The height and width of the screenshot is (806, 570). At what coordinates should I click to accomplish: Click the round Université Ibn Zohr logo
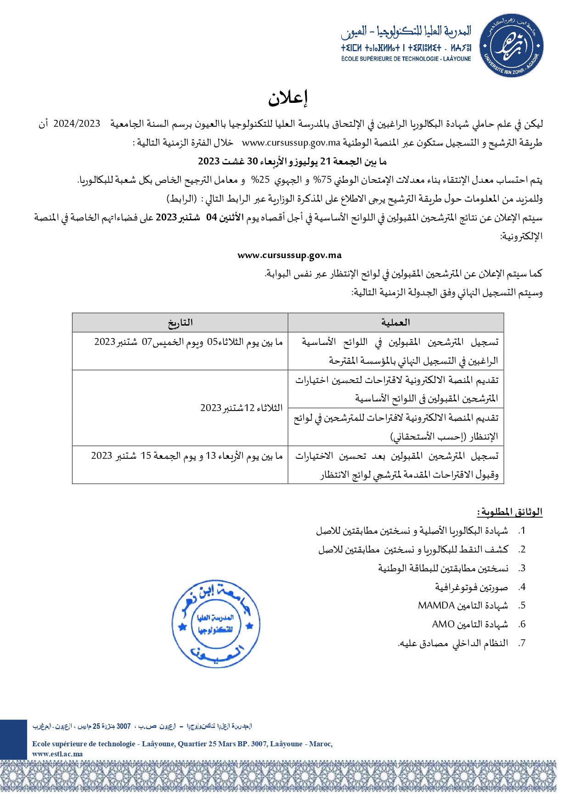point(511,45)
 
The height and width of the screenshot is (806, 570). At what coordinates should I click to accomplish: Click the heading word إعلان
point(288,97)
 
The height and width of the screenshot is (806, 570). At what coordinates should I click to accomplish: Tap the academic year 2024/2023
point(77,124)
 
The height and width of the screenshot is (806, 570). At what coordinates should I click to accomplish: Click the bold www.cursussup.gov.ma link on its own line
point(289,255)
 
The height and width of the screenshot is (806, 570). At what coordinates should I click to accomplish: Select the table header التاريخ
point(180,323)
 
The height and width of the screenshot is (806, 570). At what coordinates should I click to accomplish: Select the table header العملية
point(395,323)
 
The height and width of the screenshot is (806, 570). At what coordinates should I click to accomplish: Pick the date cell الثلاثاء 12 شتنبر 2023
point(241,408)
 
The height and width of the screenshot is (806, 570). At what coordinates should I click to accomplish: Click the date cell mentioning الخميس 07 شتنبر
point(188,342)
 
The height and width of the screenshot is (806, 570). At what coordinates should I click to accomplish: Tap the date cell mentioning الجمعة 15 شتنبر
point(187,456)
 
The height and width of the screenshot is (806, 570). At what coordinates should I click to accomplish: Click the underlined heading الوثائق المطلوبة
point(510,512)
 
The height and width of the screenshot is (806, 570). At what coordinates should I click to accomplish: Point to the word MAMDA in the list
point(436,605)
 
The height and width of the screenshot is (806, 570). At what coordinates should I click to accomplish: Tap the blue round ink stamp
point(216,623)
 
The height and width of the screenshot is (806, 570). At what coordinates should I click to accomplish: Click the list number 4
point(522,587)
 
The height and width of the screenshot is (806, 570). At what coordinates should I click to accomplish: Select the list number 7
point(522,643)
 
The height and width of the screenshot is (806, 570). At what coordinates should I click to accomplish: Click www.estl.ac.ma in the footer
point(57,754)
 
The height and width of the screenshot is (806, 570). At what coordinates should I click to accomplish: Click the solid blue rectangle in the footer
point(13,739)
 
